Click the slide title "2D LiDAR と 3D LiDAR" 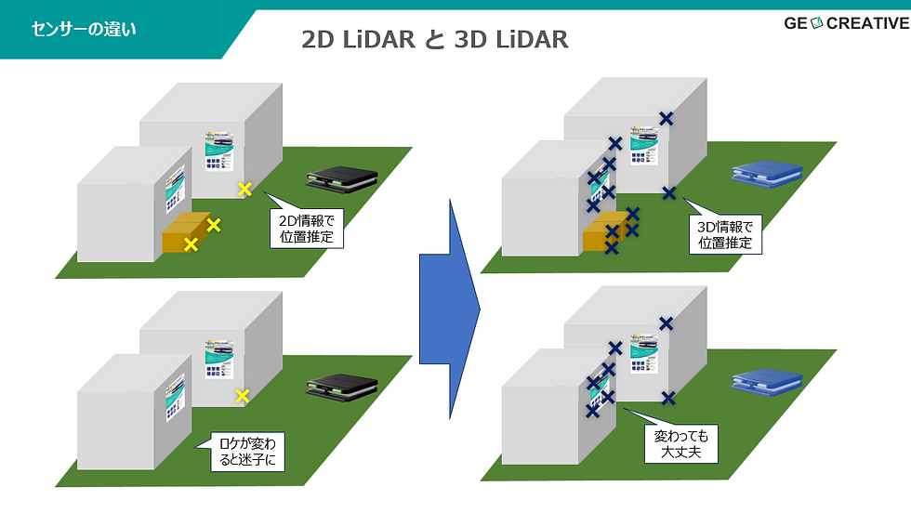click(x=435, y=39)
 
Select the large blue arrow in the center click(x=450, y=308)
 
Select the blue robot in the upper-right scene click(x=764, y=174)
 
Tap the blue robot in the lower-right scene click(x=764, y=381)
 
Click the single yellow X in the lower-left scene click(x=243, y=396)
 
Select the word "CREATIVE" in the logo click(x=867, y=23)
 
